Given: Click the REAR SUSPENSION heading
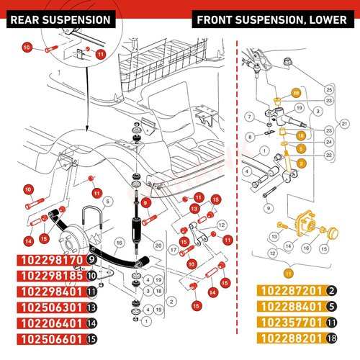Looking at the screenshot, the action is pos(60,20).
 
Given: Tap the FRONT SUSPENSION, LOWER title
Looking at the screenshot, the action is pos(271,20).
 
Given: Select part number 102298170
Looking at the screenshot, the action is pos(52,260).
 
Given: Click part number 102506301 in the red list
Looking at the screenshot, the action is pos(52,307).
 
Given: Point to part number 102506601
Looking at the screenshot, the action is pos(52,339).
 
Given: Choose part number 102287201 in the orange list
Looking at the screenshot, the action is pos(292,291).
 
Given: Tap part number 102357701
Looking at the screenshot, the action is pos(292,323).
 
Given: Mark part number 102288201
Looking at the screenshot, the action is pos(292,338).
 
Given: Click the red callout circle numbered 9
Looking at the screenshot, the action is pos(145,203).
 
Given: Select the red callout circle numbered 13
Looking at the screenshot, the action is pos(194,209).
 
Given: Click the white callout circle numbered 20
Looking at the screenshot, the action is pos(158,246).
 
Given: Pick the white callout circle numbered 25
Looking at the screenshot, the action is pos(329,90).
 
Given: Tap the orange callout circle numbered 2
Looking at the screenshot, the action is pos(301,163).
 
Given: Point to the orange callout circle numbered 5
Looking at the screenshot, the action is pos(301,149).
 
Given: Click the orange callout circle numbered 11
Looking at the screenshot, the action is pos(289,274).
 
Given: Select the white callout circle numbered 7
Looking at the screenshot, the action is pos(250,117).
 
